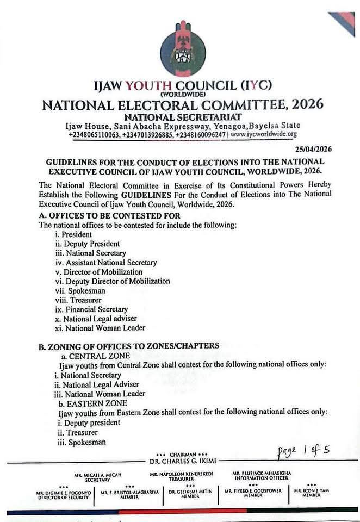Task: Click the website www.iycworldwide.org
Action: click(x=264, y=134)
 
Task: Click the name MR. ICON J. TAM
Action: click(x=316, y=492)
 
